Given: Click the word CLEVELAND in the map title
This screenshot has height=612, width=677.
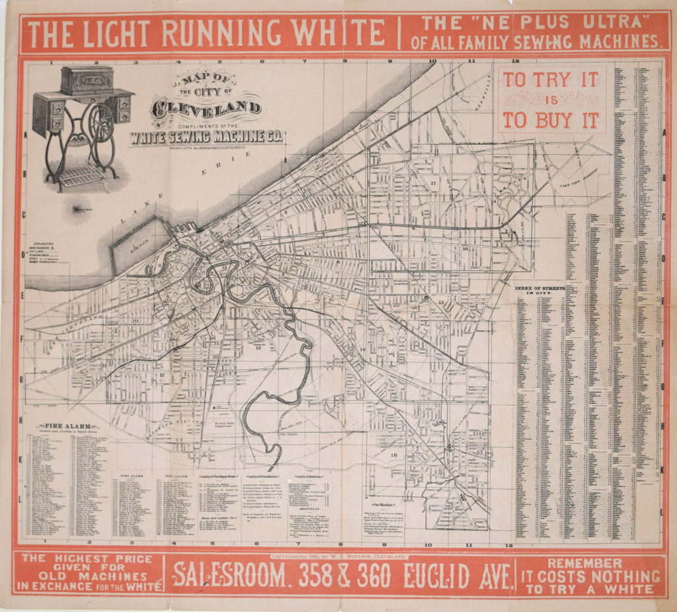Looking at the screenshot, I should (x=206, y=106).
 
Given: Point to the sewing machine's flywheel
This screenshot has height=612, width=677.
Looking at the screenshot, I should (x=101, y=122).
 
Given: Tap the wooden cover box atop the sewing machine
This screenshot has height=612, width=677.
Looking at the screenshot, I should (x=87, y=80).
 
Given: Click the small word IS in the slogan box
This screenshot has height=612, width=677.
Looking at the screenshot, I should (x=550, y=100).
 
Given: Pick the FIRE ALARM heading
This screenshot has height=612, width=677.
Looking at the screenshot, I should (x=68, y=426).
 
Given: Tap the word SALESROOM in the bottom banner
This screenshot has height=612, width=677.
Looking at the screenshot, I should (x=231, y=577).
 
